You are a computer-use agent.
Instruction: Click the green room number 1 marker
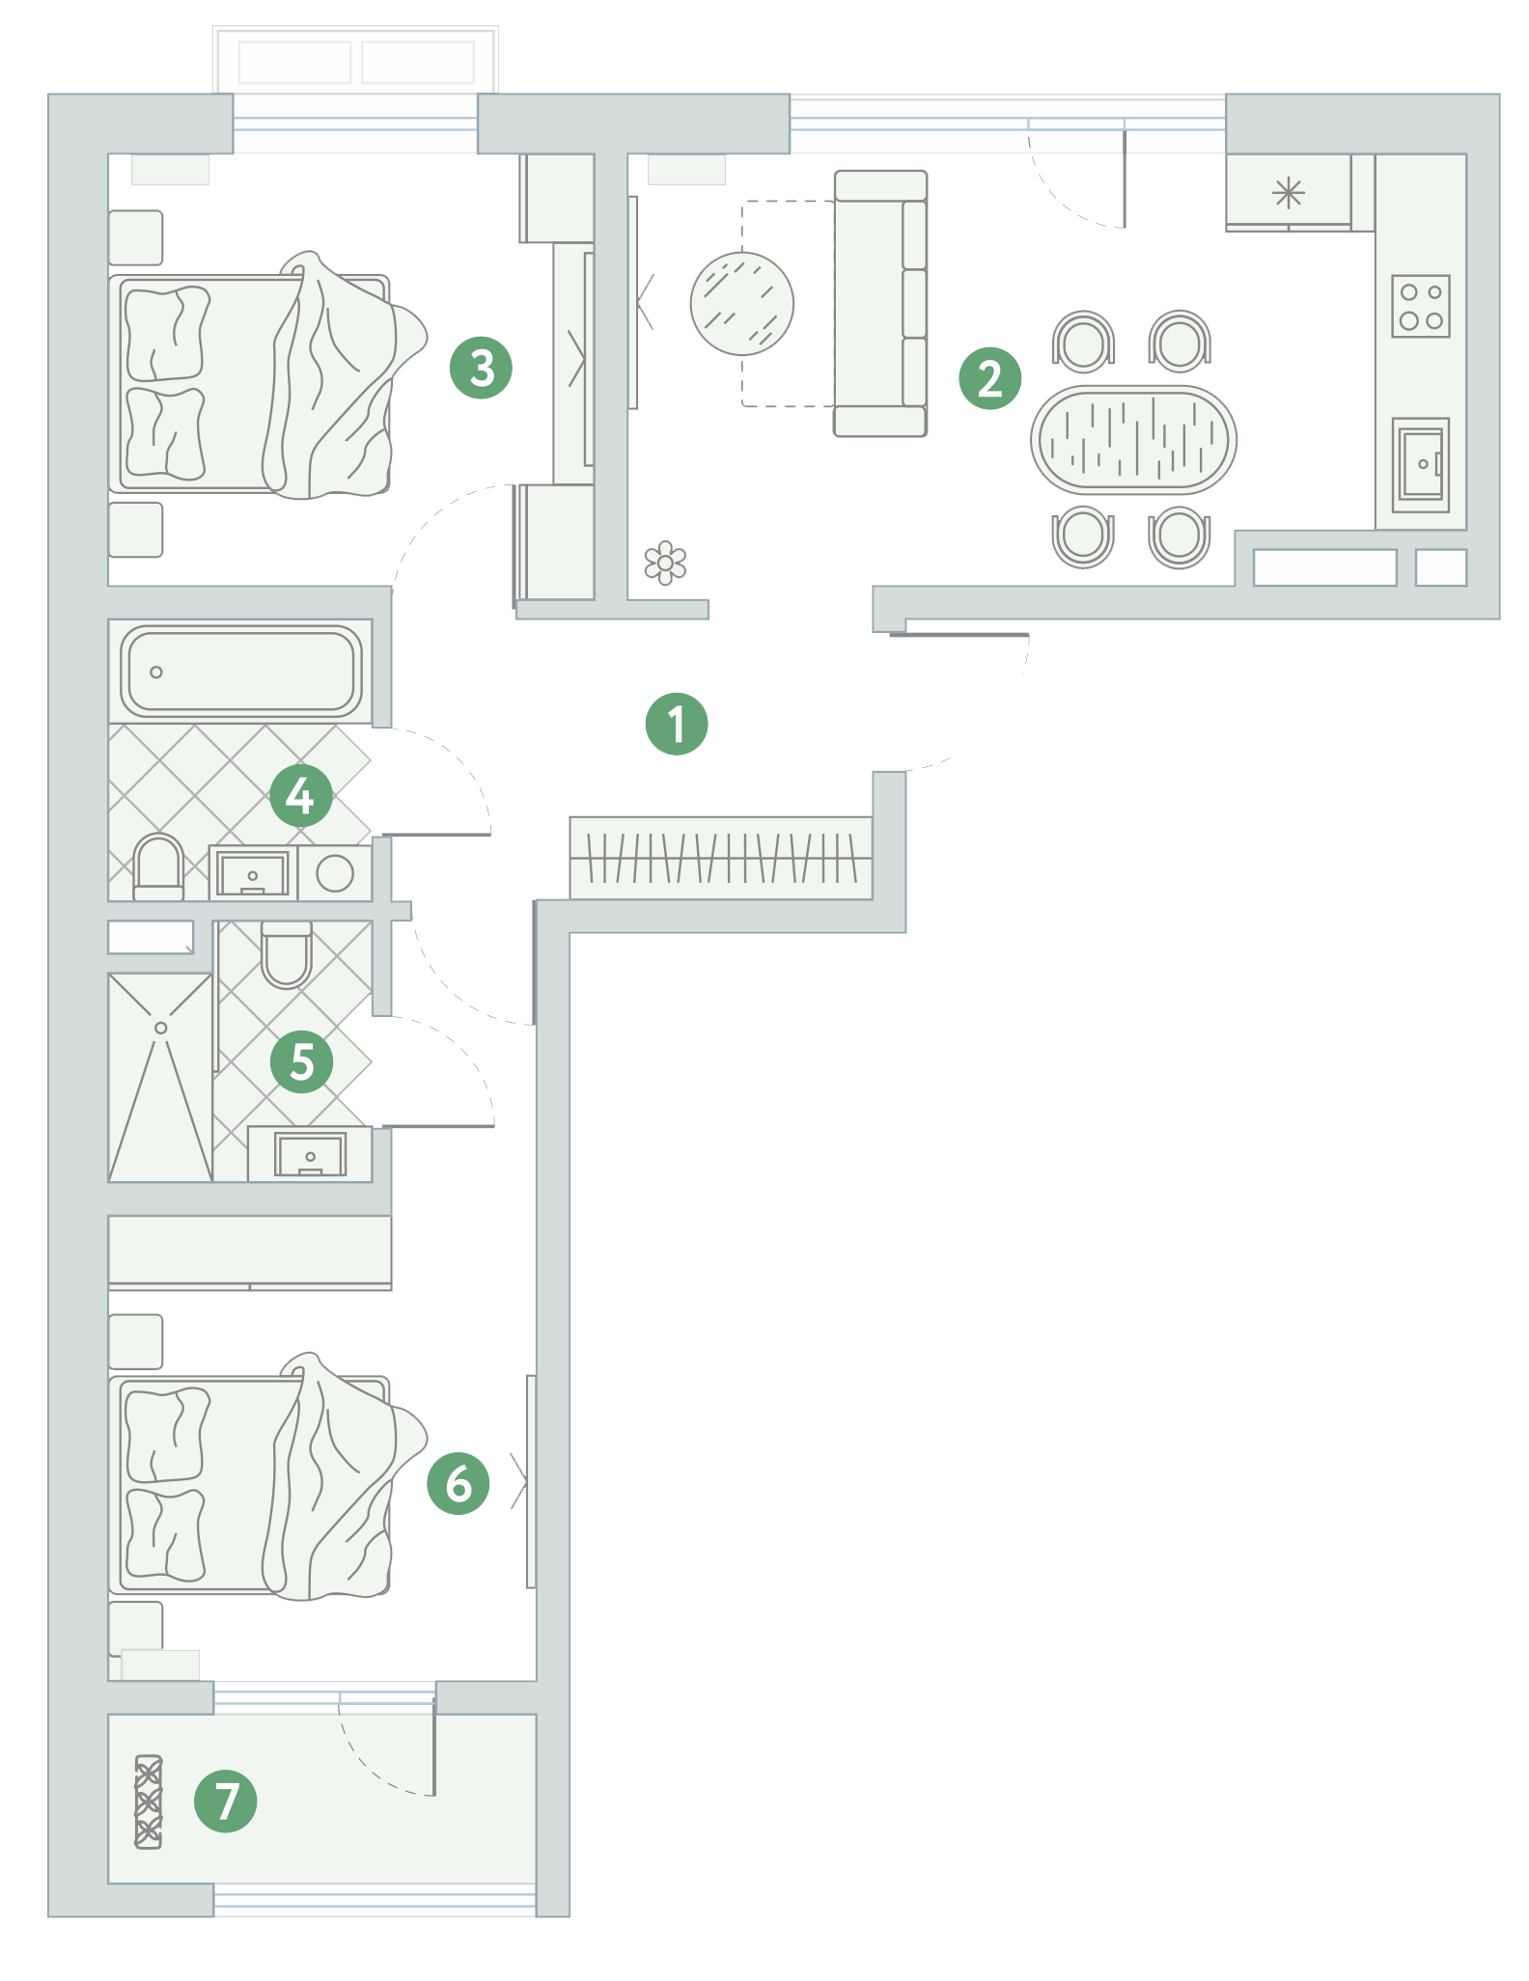tap(677, 724)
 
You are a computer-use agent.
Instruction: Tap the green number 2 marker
tap(989, 378)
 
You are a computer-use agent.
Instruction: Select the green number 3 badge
tap(481, 368)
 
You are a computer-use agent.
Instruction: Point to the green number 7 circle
tap(226, 1801)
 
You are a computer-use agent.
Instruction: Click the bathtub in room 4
tap(240, 671)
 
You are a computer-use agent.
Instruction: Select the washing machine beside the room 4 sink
tap(335, 874)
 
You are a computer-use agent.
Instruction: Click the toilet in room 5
tap(287, 954)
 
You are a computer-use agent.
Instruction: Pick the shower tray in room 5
tap(160, 1077)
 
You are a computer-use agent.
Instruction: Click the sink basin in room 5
tap(310, 1154)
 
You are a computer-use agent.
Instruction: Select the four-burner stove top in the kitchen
tap(1421, 306)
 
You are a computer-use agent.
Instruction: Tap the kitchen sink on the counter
tap(1420, 464)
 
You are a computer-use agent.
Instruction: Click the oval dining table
tap(1133, 440)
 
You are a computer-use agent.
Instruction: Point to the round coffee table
tap(741, 303)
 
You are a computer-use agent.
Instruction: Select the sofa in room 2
tap(880, 304)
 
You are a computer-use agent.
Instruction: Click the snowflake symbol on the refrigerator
tap(1289, 193)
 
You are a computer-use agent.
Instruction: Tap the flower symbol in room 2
tap(665, 562)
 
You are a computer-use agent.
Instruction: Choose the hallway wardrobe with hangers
tap(720, 858)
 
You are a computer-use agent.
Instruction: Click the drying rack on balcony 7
tap(149, 1801)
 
